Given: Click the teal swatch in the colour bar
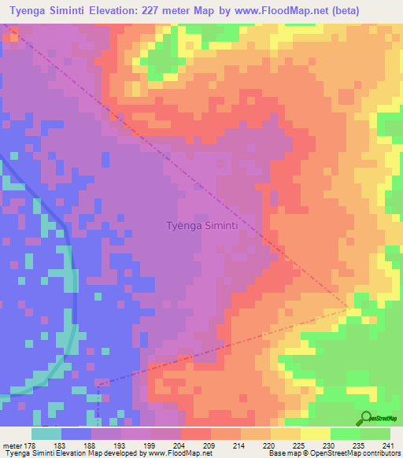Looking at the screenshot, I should tap(46, 434).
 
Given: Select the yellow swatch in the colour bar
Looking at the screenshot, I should tap(315, 434).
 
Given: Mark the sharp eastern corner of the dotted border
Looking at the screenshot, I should tap(349, 308).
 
